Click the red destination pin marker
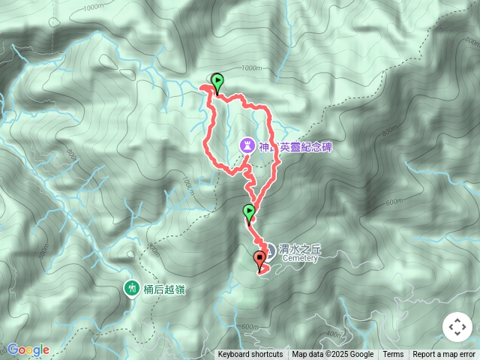(x=260, y=260)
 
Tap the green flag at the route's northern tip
(x=217, y=81)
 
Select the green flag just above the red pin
(x=248, y=212)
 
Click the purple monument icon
(x=247, y=145)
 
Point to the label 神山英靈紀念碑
(x=295, y=147)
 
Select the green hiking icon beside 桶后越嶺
(x=132, y=287)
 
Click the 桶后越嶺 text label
(x=164, y=289)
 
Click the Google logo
(x=28, y=349)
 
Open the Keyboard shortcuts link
(x=250, y=355)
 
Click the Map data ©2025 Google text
(x=332, y=355)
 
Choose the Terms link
(x=393, y=355)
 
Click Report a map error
(x=445, y=355)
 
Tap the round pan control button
(x=457, y=327)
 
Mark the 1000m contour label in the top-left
(x=94, y=7)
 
